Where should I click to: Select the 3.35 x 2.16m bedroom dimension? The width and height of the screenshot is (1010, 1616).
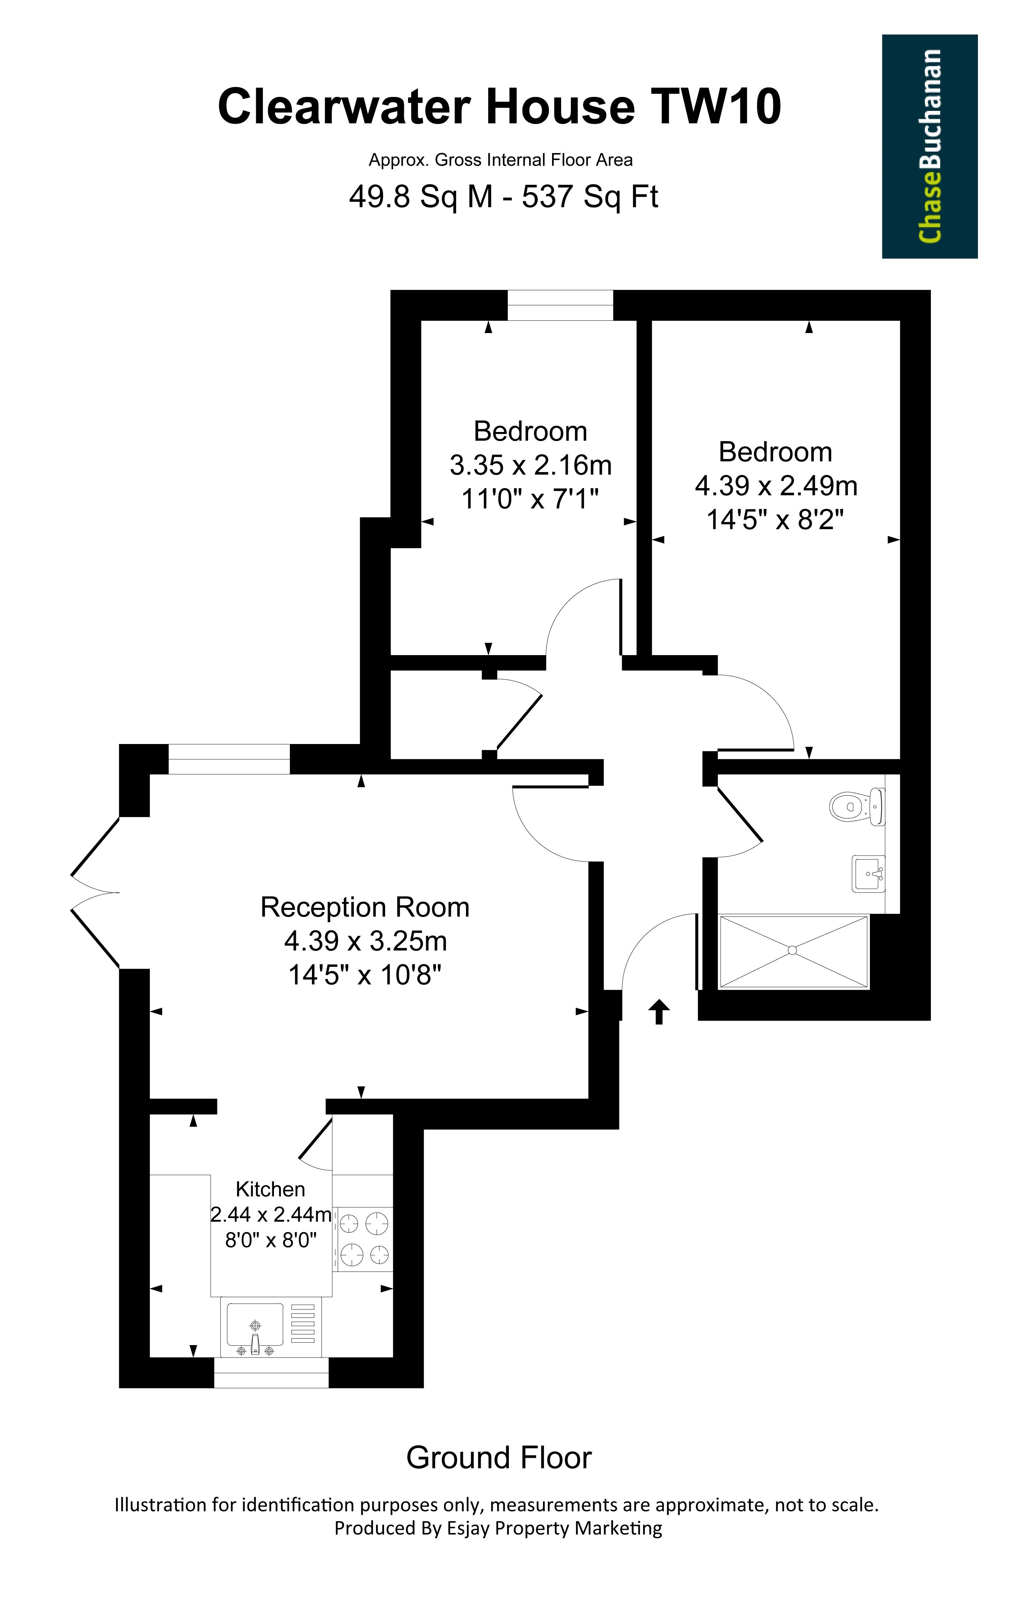pos(530,465)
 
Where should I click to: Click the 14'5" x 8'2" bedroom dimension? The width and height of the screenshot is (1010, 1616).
pos(775,519)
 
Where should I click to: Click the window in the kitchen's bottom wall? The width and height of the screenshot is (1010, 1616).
pos(271,1373)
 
